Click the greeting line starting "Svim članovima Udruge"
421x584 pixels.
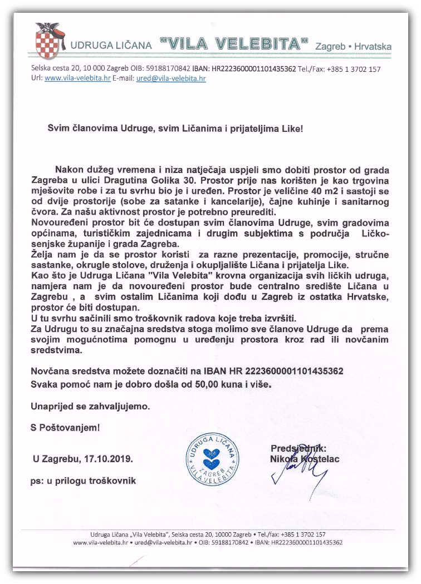coord(175,128)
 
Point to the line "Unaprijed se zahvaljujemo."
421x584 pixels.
coord(90,406)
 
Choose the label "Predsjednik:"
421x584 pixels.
coord(298,448)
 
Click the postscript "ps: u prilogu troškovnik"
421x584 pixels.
coord(84,481)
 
